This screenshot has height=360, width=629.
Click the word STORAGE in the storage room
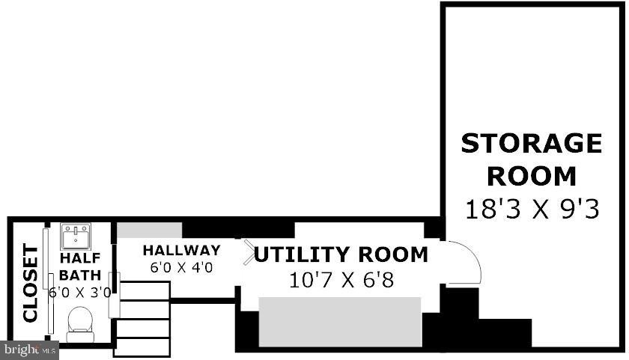pyautogui.click(x=532, y=144)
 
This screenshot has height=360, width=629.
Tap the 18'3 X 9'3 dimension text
pyautogui.click(x=532, y=210)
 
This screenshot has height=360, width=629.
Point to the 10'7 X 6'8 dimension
pyautogui.click(x=341, y=280)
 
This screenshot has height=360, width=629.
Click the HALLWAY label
pyautogui.click(x=182, y=250)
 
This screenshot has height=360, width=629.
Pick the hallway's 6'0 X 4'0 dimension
pyautogui.click(x=182, y=267)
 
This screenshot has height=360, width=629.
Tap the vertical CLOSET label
pyautogui.click(x=31, y=283)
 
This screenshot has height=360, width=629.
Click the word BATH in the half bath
pyautogui.click(x=80, y=275)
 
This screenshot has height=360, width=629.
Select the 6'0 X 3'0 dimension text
pyautogui.click(x=80, y=292)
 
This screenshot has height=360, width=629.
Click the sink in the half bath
pyautogui.click(x=76, y=237)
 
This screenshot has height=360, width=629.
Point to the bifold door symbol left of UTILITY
pyautogui.click(x=249, y=252)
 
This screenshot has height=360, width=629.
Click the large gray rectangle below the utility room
pyautogui.click(x=340, y=322)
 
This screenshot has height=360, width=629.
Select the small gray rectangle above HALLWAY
pyautogui.click(x=149, y=230)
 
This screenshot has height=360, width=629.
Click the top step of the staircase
pyautogui.click(x=145, y=290)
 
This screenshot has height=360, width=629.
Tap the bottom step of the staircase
pyautogui.click(x=142, y=347)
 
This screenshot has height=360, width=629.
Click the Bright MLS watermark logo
pyautogui.click(x=30, y=350)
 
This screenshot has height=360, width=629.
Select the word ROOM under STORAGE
pyautogui.click(x=532, y=177)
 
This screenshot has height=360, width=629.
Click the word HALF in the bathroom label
pyautogui.click(x=80, y=258)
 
